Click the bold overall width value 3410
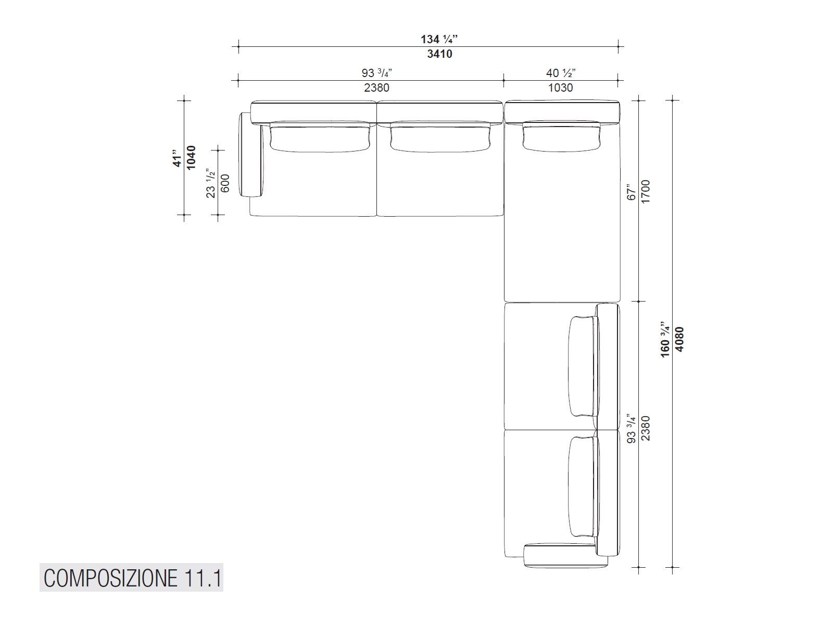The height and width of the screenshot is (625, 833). (439, 54)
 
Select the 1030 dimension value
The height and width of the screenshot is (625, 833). (560, 87)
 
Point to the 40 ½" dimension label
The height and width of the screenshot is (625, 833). (560, 73)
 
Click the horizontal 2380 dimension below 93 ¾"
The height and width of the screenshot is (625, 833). (376, 87)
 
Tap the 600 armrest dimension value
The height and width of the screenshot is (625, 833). (225, 183)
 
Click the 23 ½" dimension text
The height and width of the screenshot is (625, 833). (211, 183)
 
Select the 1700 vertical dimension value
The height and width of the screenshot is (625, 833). (646, 192)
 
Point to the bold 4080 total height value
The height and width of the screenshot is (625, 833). (679, 339)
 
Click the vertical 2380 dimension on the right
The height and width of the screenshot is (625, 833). (646, 428)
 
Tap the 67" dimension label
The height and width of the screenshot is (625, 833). (632, 192)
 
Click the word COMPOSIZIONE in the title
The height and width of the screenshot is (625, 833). (110, 578)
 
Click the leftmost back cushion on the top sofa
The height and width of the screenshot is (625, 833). (319, 137)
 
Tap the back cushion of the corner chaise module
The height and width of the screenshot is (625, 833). (562, 136)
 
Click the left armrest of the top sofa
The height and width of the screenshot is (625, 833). (250, 155)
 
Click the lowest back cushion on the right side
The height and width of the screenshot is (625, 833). (582, 486)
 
